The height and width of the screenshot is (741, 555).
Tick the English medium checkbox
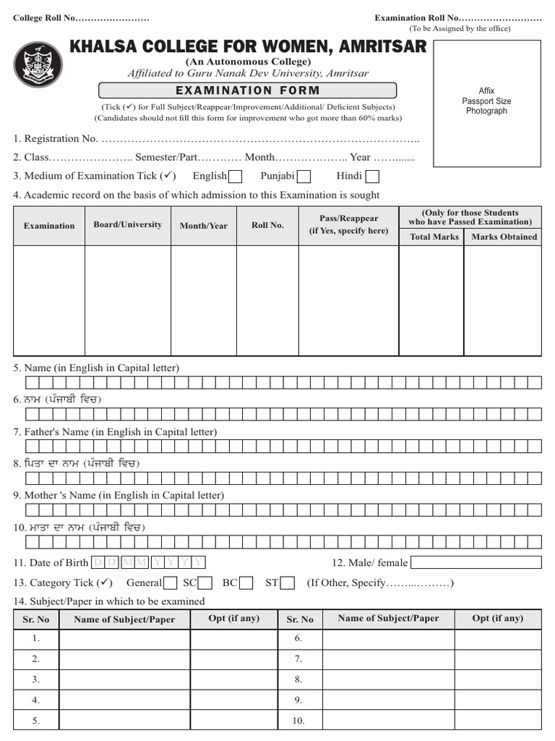[235, 176]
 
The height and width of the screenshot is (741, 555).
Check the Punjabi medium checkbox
[304, 176]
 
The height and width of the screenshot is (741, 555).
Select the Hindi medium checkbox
[372, 176]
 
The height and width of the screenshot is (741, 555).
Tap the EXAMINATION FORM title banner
[248, 90]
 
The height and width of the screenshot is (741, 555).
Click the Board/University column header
[127, 225]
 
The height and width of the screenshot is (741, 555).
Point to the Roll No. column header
[267, 225]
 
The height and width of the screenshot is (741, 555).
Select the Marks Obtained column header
[504, 237]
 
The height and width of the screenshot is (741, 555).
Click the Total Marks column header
[434, 237]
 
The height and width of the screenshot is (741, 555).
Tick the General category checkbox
[171, 583]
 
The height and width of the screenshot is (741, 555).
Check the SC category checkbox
[205, 583]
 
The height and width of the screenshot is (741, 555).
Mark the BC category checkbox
[246, 583]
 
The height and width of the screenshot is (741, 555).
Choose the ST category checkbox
[287, 583]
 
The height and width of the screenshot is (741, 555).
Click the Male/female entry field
[476, 562]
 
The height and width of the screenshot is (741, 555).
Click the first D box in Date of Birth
[98, 562]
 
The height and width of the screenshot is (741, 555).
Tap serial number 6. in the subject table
[298, 639]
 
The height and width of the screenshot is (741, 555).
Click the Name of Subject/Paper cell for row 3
[124, 679]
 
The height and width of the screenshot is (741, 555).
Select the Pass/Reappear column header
[348, 224]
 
